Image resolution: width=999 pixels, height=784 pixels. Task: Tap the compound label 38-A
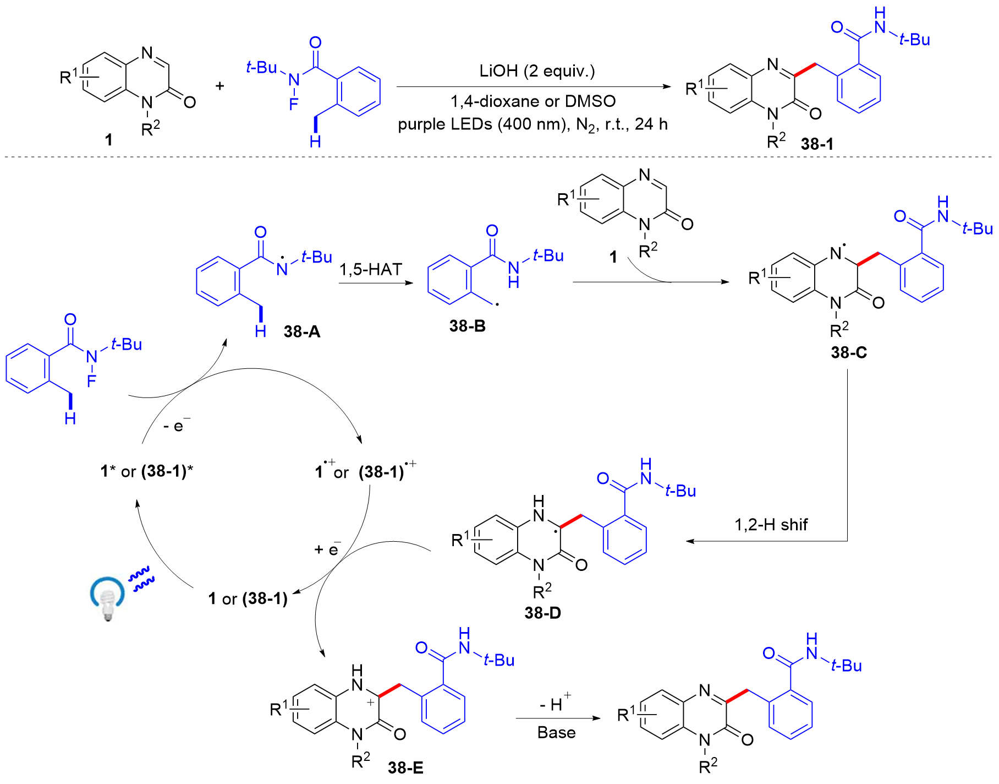302,331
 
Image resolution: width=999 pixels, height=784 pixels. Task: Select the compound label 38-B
468,326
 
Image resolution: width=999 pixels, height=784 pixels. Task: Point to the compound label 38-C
849,352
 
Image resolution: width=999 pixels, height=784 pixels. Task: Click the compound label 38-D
543,613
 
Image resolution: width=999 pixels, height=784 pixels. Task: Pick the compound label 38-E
405,767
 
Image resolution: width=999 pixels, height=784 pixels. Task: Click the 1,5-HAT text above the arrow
371,269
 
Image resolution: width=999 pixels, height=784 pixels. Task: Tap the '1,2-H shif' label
771,525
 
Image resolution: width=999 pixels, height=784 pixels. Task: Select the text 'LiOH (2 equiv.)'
537,71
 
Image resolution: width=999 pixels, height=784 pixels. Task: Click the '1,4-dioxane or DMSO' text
533,101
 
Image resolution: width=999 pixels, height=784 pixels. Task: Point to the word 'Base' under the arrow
557,733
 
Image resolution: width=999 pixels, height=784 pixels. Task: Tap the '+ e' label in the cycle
328,548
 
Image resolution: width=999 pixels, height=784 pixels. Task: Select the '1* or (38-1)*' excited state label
147,471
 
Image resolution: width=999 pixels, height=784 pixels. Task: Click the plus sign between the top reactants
220,86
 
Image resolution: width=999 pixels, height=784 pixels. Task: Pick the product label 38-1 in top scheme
817,144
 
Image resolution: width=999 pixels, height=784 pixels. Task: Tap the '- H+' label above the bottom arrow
556,701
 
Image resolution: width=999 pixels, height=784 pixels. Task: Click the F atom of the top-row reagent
294,104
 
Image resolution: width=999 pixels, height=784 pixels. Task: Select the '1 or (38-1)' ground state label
248,599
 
